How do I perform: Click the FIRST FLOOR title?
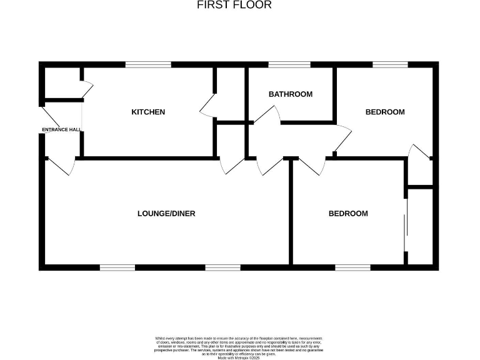234,5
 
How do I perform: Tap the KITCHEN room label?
148,112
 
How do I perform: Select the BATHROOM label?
290,94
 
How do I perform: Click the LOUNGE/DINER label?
166,213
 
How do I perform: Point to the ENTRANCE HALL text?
61,129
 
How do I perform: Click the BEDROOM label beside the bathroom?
385,112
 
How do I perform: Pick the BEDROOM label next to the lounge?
348,213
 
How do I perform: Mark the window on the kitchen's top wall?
148,64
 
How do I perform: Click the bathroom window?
289,64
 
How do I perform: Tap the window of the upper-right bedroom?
391,64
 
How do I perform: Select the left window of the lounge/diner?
117,267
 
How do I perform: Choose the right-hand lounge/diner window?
223,267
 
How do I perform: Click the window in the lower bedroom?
352,267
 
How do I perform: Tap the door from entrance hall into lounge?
62,166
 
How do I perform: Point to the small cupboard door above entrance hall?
87,89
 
